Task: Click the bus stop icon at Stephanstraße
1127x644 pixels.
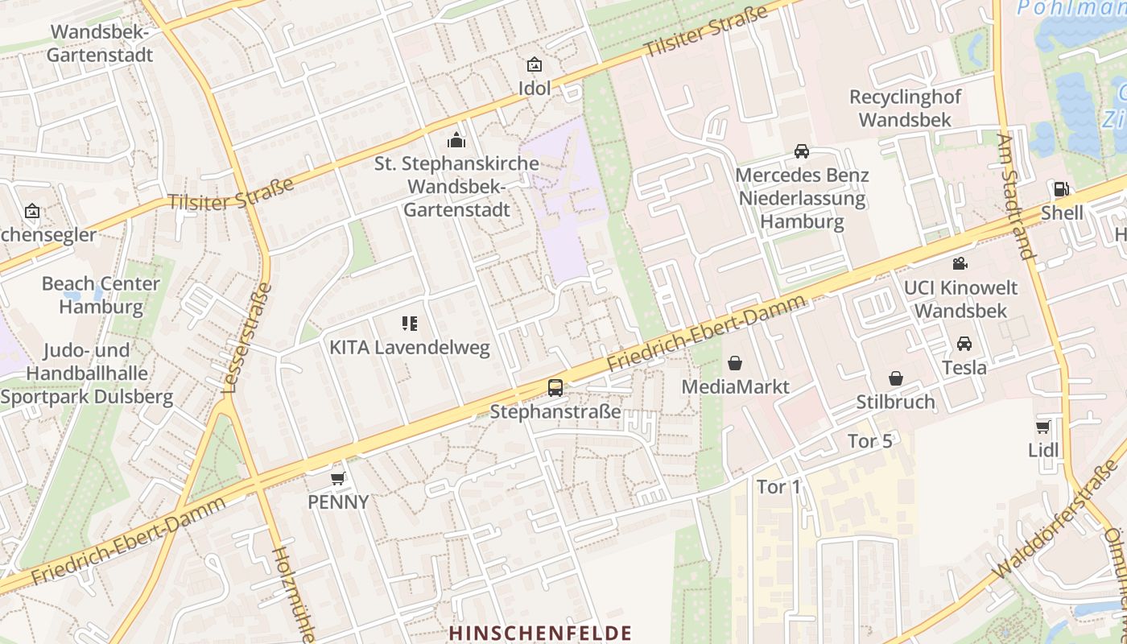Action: coord(555,387)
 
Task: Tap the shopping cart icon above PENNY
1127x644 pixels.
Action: coord(338,478)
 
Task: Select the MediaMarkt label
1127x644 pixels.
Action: coord(735,386)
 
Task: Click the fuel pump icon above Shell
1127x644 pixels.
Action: coord(1062,189)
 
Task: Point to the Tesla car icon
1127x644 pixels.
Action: coord(964,344)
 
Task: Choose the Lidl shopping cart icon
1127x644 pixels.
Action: coord(1043,427)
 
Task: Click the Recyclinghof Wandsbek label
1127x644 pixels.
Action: coord(905,109)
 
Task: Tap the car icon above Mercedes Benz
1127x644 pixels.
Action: coord(802,151)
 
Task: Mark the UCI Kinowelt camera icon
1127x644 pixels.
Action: coord(960,264)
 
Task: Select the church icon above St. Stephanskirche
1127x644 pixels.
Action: coord(456,140)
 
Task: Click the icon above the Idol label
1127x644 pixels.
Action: coord(534,64)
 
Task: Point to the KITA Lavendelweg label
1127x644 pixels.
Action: coord(409,348)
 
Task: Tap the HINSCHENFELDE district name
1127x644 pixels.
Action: coord(540,633)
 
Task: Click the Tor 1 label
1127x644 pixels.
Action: coord(779,487)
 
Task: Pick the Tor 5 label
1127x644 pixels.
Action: coord(870,441)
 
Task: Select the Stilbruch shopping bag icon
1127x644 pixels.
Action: coord(895,378)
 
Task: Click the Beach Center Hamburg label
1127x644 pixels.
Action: coord(101,295)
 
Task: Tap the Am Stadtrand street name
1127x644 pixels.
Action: coord(1014,196)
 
